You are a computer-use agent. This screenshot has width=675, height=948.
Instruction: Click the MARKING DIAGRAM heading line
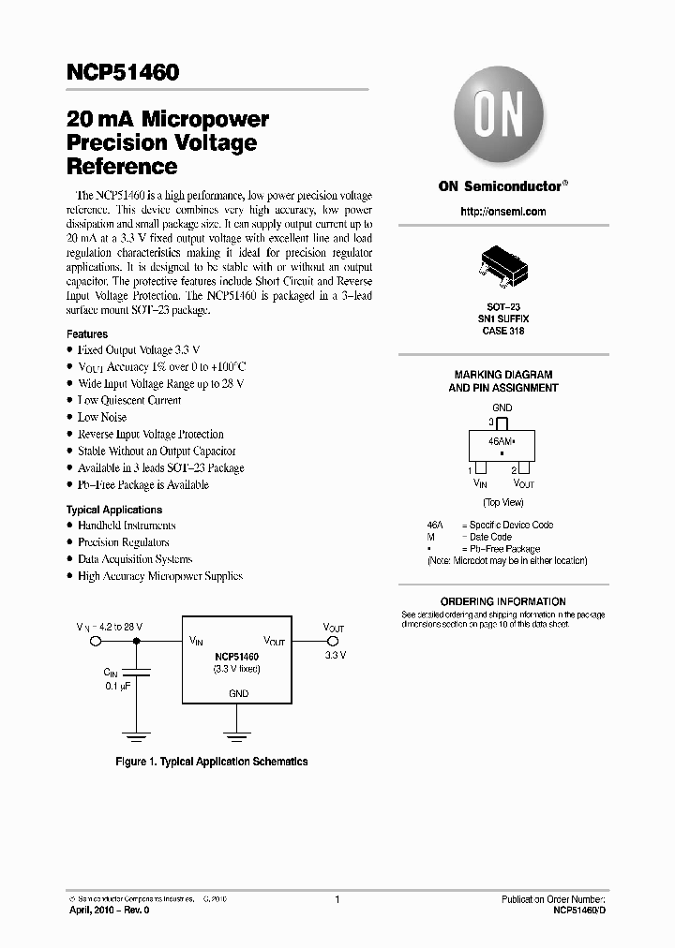pyautogui.click(x=502, y=375)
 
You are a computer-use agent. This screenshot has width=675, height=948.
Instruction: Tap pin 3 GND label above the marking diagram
pyautogui.click(x=502, y=407)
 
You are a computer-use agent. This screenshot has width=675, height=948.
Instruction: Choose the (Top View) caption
pyautogui.click(x=502, y=503)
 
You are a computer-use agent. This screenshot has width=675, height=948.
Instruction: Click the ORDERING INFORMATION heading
pyautogui.click(x=502, y=601)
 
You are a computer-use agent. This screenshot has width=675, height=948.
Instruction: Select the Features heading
pyautogui.click(x=87, y=333)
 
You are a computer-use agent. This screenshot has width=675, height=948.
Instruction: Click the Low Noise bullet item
pyautogui.click(x=101, y=417)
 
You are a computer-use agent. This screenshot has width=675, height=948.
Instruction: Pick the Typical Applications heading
pyautogui.click(x=113, y=510)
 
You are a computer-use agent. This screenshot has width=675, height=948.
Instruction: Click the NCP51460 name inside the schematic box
pyautogui.click(x=236, y=658)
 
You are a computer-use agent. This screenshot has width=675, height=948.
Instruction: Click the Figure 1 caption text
pyautogui.click(x=211, y=762)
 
